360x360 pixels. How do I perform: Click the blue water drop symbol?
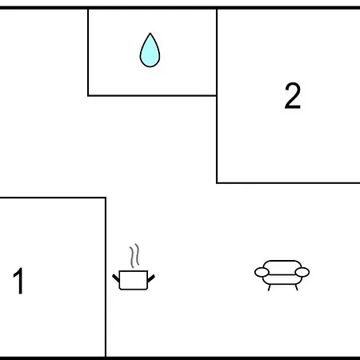[x=150, y=50]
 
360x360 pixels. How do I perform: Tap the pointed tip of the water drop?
[x=150, y=33]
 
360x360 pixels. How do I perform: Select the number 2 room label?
[x=293, y=95]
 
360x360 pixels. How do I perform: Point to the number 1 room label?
[x=18, y=281]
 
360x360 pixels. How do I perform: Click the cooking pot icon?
[x=134, y=267]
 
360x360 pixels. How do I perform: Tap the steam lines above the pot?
[x=134, y=255]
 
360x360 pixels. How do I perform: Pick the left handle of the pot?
[x=116, y=278]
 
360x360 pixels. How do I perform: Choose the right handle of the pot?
[x=151, y=278]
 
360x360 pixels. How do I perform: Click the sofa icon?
[x=282, y=275]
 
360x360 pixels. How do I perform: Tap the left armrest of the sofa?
[x=262, y=272]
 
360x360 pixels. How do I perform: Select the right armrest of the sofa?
[x=302, y=272]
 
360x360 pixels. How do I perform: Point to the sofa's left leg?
[x=270, y=287]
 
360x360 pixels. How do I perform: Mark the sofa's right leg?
[x=296, y=287]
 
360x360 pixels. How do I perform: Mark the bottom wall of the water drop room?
[x=152, y=95]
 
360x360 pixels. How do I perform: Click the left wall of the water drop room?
[x=88, y=52]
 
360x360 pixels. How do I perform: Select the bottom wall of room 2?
[x=288, y=183]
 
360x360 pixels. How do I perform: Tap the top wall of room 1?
[x=53, y=198]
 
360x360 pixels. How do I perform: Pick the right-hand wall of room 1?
[x=106, y=278]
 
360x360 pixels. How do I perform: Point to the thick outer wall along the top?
[x=180, y=8]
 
